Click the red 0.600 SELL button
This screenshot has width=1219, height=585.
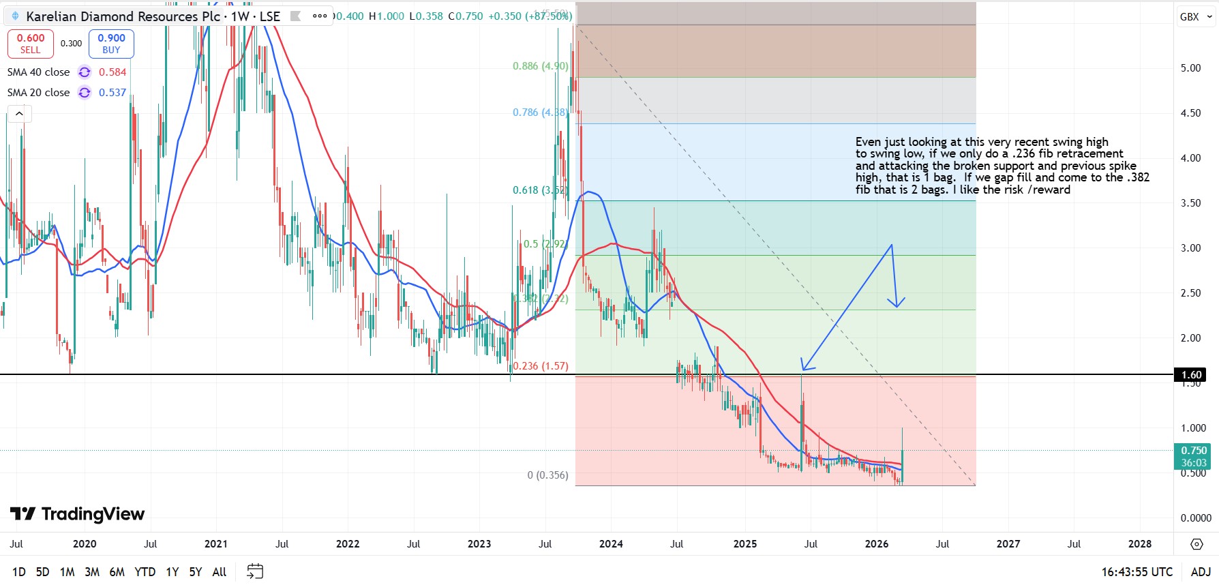31,44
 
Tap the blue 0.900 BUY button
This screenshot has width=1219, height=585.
111,44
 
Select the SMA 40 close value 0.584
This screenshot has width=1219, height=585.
112,72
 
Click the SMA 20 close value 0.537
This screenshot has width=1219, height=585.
112,93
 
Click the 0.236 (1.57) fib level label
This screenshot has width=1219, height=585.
540,366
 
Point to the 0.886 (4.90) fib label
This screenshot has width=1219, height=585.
540,66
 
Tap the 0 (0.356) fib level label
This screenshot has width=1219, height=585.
547,475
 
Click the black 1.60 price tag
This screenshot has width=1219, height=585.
1191,375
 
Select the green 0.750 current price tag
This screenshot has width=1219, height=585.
1194,451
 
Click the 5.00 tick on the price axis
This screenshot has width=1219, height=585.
1190,68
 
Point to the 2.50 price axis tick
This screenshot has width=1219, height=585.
1190,293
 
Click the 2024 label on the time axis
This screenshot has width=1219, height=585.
611,544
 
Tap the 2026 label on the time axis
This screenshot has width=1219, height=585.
876,544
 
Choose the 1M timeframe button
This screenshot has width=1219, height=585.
67,572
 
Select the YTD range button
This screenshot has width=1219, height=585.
145,572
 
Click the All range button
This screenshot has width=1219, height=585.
220,572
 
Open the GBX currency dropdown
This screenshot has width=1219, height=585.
1196,17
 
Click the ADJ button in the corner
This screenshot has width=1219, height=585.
1201,572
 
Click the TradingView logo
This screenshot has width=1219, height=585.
77,514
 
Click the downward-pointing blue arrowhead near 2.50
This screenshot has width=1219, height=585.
897,303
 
